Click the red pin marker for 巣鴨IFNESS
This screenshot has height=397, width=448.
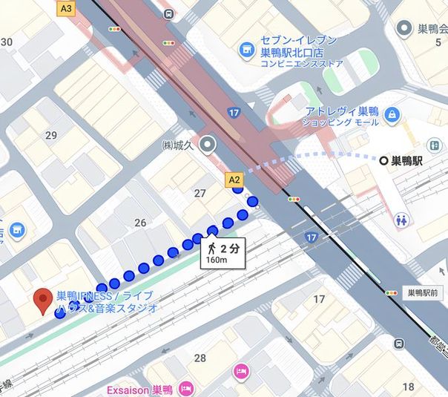coord(43,299)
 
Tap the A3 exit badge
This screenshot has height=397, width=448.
coord(67,9)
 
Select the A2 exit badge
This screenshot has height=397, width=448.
coord(234,179)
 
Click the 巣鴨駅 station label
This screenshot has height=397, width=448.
coord(412,160)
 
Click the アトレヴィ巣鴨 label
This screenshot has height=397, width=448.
coord(342,111)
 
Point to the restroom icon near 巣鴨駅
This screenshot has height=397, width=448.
coord(403,220)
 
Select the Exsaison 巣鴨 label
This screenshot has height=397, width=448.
coord(139,388)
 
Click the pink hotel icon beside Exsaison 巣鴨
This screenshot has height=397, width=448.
coord(186,388)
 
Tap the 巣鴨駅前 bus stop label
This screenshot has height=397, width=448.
coord(424,293)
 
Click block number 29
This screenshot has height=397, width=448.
coord(51,135)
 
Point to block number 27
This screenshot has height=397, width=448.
coord(200,194)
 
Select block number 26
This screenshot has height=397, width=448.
coord(140,223)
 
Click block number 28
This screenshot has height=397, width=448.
coord(200,358)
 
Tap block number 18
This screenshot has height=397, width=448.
coord(408,387)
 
